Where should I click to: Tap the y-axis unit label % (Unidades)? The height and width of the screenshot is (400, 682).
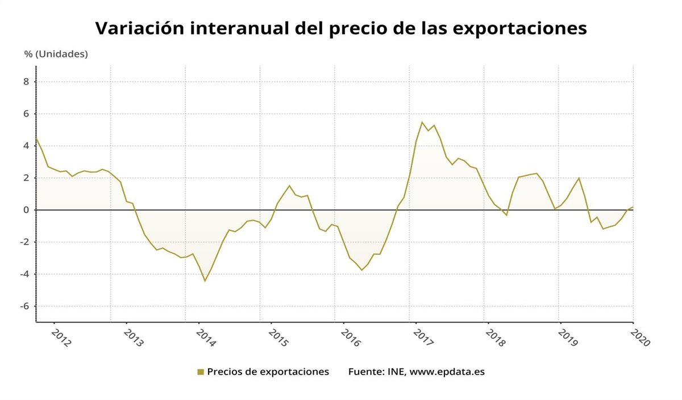[x=56, y=54]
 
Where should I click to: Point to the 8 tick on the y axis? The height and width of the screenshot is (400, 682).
[x=26, y=82]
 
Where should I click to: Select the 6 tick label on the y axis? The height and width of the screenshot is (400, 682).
[x=26, y=113]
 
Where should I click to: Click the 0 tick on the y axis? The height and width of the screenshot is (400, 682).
[x=26, y=210]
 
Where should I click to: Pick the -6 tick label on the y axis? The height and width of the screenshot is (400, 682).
[x=24, y=306]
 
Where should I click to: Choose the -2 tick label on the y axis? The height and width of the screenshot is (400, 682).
[x=24, y=242]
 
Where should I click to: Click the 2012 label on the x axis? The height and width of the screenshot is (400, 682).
[x=61, y=335]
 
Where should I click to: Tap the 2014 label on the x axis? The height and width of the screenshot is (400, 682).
[x=206, y=335]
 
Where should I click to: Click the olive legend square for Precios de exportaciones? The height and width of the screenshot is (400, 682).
[x=201, y=372]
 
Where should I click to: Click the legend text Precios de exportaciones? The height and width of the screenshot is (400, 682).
[x=268, y=372]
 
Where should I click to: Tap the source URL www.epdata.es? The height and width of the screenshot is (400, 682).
[x=447, y=372]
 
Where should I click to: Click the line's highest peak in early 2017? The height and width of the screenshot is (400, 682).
[x=422, y=122]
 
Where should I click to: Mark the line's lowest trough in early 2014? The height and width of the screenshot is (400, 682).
[x=205, y=281]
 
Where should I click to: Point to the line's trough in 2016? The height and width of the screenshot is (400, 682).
[x=361, y=270]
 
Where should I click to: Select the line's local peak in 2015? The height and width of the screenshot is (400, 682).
[x=289, y=186]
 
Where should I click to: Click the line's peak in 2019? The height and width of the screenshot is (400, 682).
[x=579, y=178]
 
